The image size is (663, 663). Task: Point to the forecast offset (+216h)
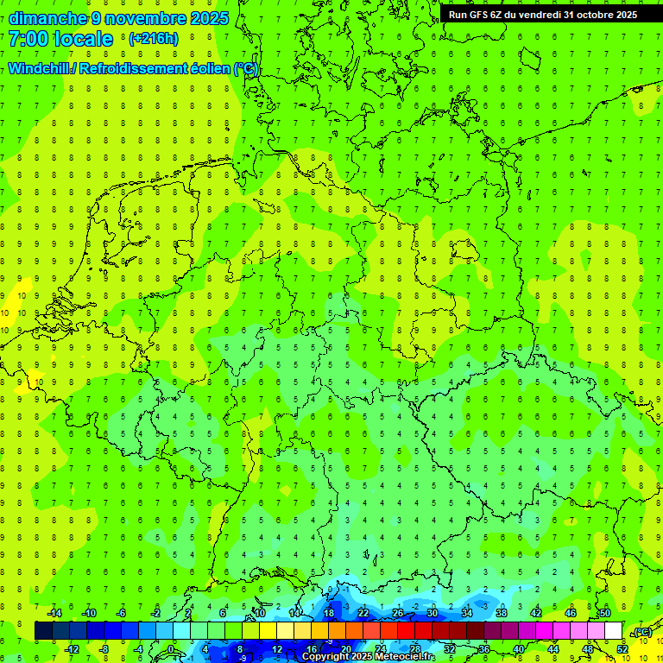click(x=154, y=39)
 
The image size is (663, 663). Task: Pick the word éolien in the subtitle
click(x=211, y=69)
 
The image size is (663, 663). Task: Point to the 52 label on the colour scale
click(x=622, y=649)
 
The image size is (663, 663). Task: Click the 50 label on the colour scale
click(x=605, y=613)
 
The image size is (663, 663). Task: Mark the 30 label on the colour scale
click(x=433, y=613)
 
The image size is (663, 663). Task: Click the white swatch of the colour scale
click(x=614, y=631)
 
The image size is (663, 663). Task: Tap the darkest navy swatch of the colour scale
click(x=43, y=631)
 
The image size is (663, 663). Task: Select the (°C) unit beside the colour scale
click(x=642, y=632)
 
